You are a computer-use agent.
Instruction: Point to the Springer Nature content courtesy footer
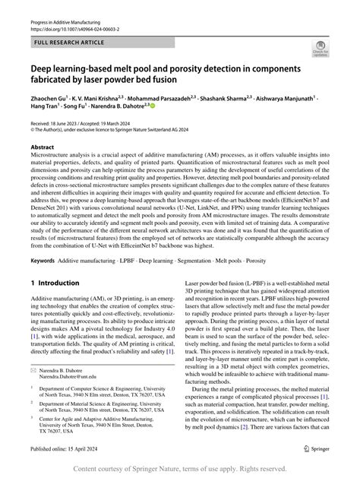180,468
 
